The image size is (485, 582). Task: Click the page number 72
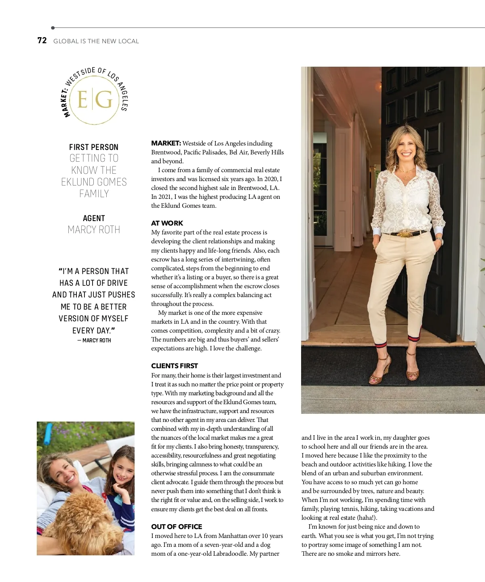tap(42, 40)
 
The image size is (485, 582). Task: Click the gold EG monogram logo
tap(94, 99)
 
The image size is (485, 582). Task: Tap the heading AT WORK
tap(167, 223)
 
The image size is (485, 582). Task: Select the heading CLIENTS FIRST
tap(175, 366)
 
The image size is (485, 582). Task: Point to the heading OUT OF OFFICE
tap(177, 527)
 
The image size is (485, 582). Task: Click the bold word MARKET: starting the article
tap(166, 143)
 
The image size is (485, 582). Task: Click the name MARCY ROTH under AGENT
tap(94, 230)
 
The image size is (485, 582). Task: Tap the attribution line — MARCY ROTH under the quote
tap(94, 340)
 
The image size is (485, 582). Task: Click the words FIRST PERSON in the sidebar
tap(94, 147)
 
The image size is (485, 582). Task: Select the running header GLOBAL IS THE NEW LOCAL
tap(96, 41)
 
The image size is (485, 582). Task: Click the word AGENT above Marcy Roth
tap(94, 219)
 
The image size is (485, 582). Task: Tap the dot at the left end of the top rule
tap(53, 28)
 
